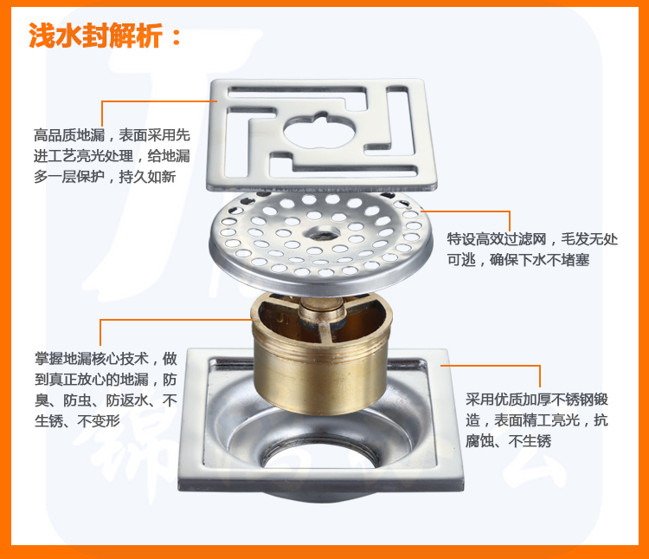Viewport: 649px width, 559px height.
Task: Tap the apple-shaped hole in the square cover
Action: coord(319,129)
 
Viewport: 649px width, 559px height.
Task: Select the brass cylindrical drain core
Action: coord(321,353)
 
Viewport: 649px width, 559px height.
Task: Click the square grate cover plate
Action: coord(322,135)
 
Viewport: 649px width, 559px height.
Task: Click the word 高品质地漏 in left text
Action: coord(69,135)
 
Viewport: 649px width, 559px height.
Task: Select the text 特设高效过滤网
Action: coord(497,239)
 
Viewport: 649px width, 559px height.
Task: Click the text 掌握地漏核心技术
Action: coord(92,358)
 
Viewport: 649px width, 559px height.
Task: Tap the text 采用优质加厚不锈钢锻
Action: coord(537,400)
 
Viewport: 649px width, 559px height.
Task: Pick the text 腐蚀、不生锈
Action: coord(508,441)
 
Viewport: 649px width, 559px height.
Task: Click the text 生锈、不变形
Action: coord(77,421)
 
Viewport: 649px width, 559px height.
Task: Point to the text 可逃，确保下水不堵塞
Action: coord(518,260)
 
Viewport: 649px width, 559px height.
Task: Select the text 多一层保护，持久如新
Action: coord(105,177)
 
